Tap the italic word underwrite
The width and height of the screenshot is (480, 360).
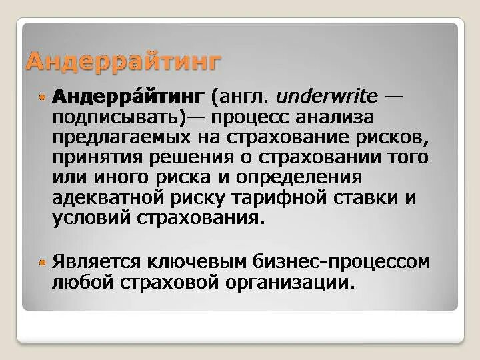(x=327, y=98)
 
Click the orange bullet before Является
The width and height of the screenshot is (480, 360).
(x=42, y=261)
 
